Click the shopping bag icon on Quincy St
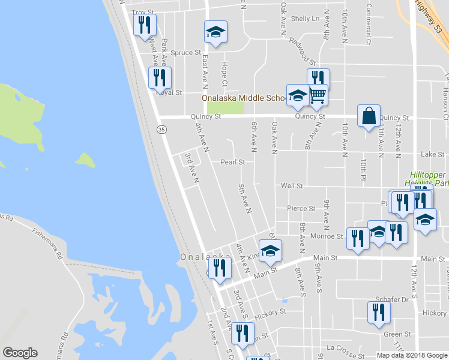point(369,115)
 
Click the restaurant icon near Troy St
point(145,25)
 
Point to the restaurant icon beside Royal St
point(160,77)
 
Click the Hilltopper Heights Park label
point(424,178)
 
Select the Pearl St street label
point(232,162)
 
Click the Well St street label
point(292,186)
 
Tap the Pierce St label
point(301,209)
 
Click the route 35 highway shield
point(161,129)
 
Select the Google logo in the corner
point(20,353)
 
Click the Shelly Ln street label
point(305,19)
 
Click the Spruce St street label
point(185,53)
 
